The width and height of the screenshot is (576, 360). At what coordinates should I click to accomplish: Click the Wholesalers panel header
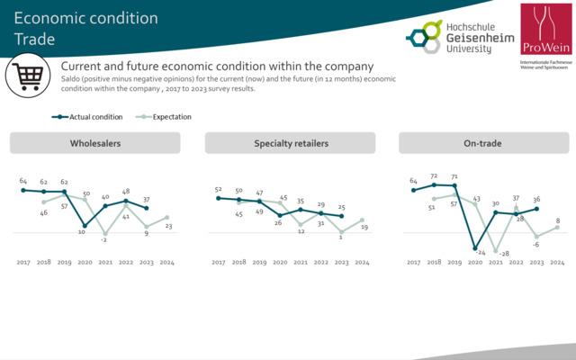click(95, 143)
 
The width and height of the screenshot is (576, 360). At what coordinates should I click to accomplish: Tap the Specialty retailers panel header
click(290, 143)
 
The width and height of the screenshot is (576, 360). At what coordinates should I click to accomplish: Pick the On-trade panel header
click(484, 143)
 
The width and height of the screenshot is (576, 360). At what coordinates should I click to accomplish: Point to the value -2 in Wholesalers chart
click(104, 240)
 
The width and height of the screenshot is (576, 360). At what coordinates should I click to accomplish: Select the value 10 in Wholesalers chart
click(82, 232)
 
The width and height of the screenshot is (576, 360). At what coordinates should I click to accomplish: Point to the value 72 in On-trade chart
click(435, 176)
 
